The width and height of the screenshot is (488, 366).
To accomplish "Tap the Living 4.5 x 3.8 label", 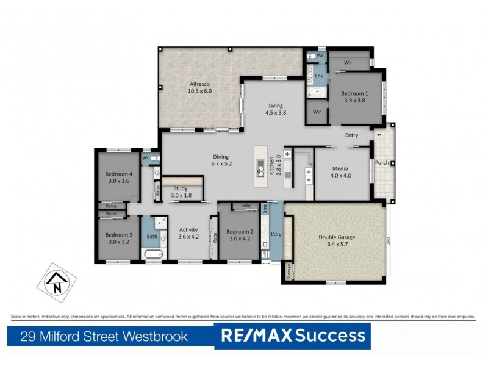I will (x=275, y=109).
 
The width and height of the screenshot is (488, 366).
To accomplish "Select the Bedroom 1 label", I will (x=354, y=96).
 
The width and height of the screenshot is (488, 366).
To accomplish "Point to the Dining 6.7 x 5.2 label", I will (x=221, y=159).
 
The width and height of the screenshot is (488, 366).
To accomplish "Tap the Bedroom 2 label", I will (x=240, y=235).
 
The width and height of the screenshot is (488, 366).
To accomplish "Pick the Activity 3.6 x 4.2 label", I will (x=188, y=233).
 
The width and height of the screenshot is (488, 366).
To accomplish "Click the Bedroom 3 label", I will (x=118, y=238).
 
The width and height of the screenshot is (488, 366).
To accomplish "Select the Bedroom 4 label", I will (x=118, y=177).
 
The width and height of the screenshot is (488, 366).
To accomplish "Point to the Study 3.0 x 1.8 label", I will (x=180, y=192).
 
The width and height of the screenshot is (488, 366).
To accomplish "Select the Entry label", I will (x=351, y=135).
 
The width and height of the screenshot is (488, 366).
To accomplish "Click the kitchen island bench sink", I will (x=260, y=163).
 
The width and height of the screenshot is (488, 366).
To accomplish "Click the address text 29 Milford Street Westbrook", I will (x=104, y=335).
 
